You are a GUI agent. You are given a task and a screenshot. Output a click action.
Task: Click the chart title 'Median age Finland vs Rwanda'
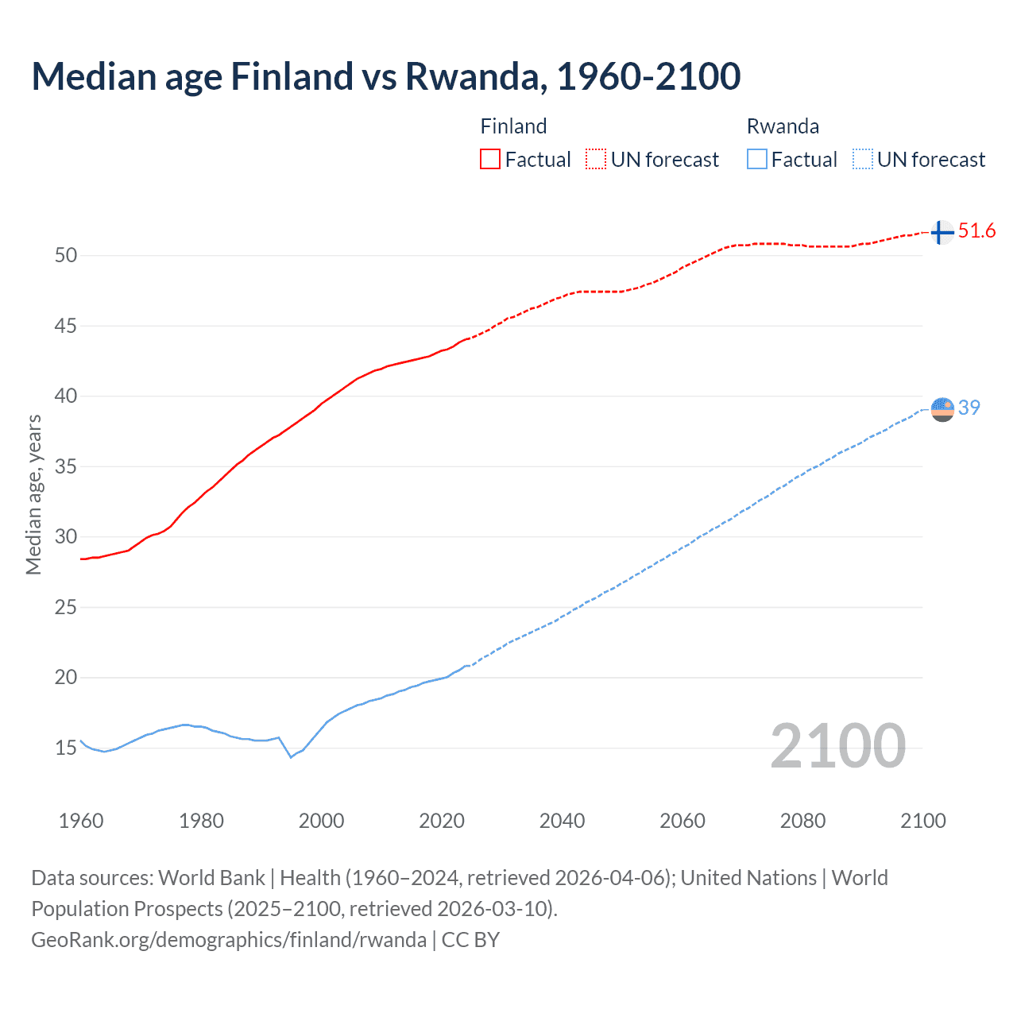coord(386,77)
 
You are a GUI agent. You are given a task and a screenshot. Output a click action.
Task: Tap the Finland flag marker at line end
coord(942,233)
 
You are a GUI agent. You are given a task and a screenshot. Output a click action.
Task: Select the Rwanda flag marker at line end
coord(942,409)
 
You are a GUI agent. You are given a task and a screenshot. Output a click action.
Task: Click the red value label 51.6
coord(976,231)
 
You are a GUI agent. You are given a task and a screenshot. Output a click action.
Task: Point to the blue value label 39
coord(969,408)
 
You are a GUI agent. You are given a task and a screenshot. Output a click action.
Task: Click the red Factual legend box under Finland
coord(490,160)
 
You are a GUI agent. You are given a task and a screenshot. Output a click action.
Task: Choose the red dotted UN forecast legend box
coord(596,160)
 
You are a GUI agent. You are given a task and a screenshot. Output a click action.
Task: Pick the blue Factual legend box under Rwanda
coord(756,160)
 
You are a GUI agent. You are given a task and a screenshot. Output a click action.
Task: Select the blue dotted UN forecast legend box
coord(862,160)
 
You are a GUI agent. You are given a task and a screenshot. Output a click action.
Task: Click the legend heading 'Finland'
coord(513,126)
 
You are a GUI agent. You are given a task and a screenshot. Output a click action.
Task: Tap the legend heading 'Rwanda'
coord(783,126)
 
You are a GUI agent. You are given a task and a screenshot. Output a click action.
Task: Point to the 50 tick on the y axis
coord(66,255)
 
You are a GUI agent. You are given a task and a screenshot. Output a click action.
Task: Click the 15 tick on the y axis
coord(66,748)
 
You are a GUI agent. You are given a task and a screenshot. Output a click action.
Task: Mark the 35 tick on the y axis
coord(66,466)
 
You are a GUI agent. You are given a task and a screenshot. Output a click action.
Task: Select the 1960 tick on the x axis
coord(81,821)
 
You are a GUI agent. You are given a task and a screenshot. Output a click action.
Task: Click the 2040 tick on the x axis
coord(562,821)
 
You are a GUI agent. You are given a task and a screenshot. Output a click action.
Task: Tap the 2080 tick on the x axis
coord(802,821)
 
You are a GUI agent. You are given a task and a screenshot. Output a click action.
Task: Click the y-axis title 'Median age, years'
coord(33,494)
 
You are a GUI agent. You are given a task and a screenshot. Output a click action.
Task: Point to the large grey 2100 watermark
coord(837,746)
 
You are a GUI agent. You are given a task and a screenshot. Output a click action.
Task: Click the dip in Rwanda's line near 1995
coord(291,757)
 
